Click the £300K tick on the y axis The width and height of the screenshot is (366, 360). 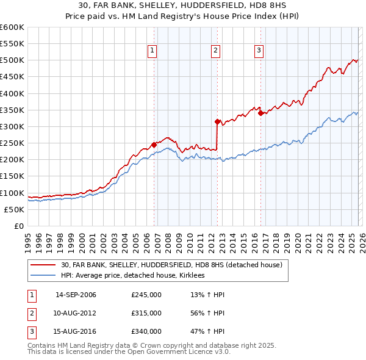12,126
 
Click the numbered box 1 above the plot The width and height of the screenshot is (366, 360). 151,51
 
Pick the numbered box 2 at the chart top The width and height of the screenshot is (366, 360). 216,51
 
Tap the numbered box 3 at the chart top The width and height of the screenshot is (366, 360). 259,51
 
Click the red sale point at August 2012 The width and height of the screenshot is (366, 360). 217,121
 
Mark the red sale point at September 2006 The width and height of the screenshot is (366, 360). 154,145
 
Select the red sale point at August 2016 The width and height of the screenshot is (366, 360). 260,113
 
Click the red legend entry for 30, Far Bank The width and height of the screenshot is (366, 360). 171,265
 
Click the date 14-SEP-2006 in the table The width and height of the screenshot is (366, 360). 76,295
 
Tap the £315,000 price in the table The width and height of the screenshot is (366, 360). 146,313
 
